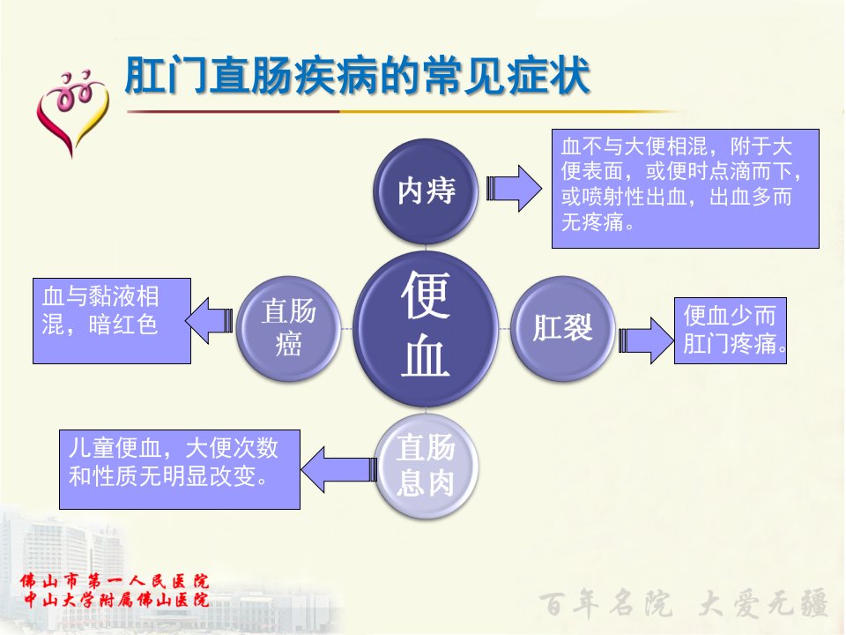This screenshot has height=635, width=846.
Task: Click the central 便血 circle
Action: (x=426, y=329)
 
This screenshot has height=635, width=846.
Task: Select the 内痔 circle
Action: (x=427, y=190)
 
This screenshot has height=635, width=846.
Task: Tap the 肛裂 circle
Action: (x=562, y=329)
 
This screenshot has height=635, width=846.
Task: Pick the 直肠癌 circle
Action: (x=289, y=329)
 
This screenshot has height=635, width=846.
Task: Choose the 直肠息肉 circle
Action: (x=427, y=466)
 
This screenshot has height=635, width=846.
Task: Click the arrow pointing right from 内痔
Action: (x=514, y=189)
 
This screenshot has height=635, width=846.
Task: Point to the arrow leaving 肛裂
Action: (x=646, y=340)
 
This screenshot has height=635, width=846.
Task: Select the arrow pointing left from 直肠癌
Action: (x=209, y=321)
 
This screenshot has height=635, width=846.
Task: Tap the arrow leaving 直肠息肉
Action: (x=338, y=470)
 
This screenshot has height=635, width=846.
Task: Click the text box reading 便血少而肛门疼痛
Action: (x=730, y=331)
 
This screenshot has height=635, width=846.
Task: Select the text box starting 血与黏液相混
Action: (x=112, y=321)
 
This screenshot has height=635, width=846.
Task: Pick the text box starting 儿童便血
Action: (x=180, y=469)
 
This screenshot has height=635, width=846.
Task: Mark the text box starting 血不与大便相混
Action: (x=686, y=189)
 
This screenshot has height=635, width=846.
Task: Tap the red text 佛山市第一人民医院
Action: (x=115, y=581)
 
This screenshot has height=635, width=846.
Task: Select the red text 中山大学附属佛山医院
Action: (x=116, y=600)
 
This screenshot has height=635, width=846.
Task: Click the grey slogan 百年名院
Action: (x=605, y=603)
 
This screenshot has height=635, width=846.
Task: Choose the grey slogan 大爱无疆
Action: (x=762, y=603)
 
